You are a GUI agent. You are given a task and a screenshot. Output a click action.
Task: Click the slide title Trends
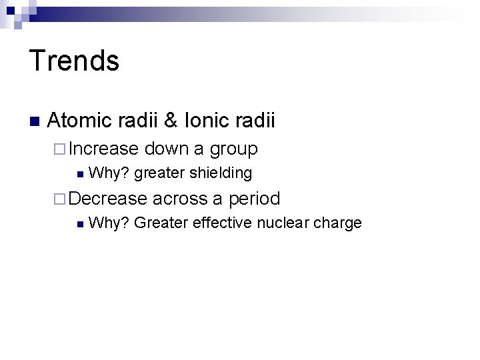74,61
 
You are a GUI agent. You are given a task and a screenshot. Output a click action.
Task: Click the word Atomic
80,121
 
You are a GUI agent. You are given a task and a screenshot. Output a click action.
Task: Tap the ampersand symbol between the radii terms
171,121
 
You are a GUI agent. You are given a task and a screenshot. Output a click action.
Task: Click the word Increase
103,148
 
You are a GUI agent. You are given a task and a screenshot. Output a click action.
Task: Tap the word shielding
221,174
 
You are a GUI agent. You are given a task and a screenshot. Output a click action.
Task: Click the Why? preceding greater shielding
109,174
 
